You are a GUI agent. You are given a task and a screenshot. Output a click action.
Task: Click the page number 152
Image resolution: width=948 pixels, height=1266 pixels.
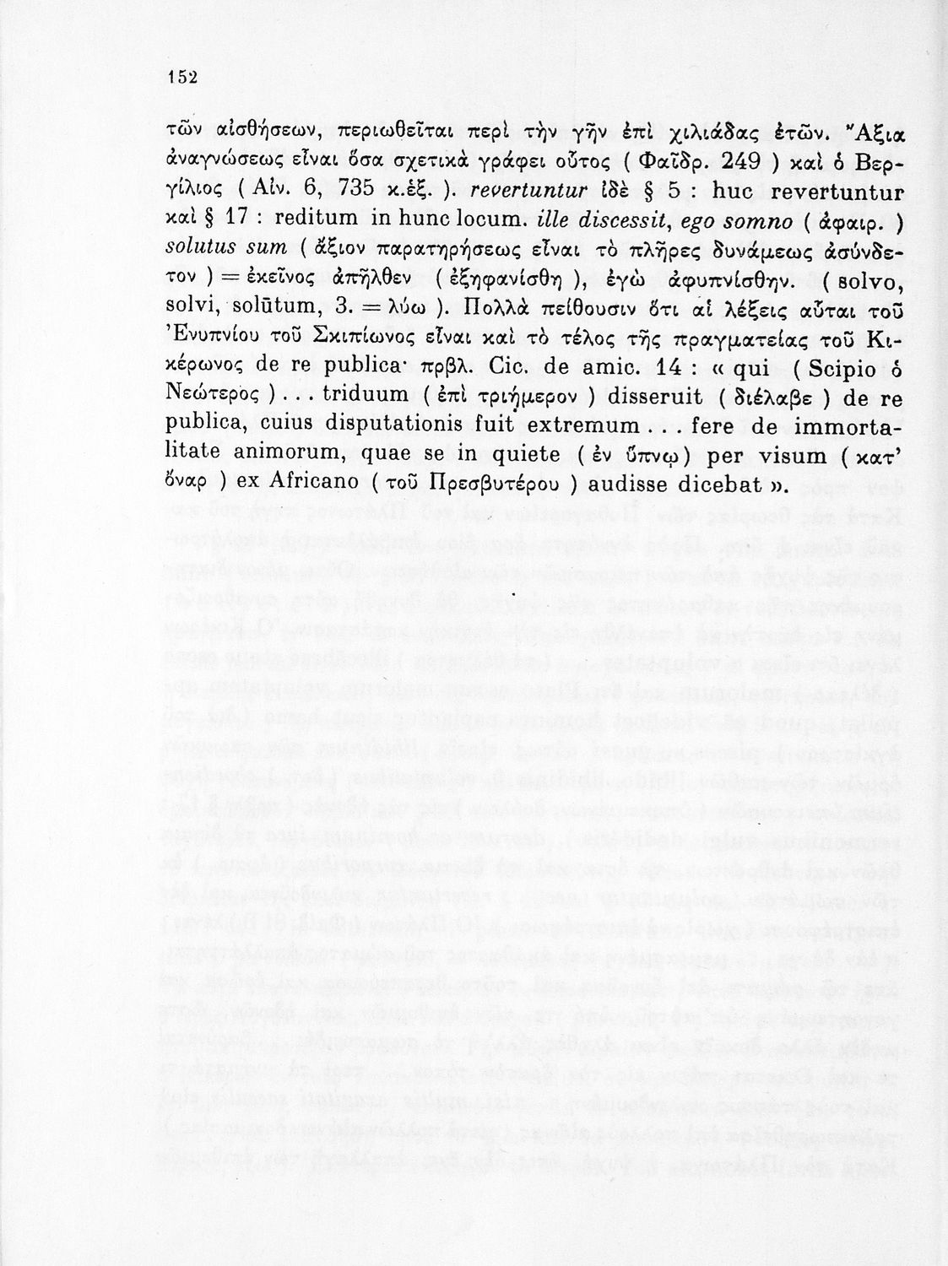click(x=181, y=77)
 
